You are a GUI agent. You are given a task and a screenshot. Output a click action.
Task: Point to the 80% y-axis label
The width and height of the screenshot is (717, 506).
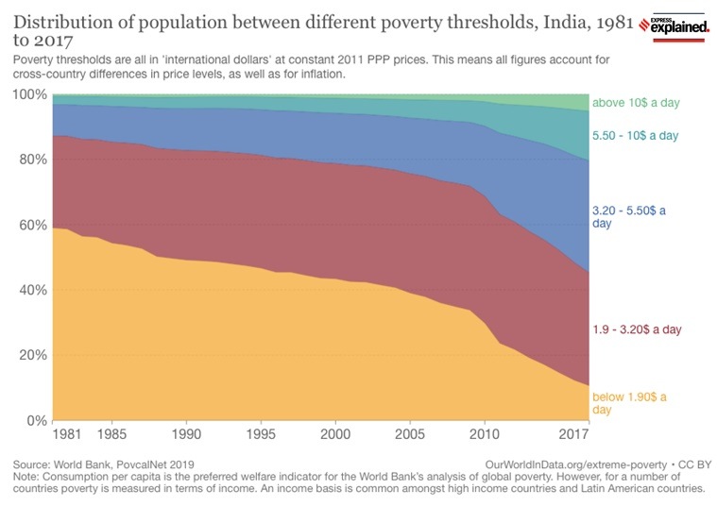(32, 160)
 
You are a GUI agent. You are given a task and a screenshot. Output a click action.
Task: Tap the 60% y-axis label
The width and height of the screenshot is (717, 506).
(32, 225)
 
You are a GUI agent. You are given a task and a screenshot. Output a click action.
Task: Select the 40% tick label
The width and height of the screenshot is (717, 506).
(32, 290)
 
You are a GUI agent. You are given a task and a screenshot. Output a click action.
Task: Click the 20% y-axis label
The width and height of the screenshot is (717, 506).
(32, 355)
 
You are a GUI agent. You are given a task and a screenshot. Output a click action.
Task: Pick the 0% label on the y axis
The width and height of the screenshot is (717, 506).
(36, 420)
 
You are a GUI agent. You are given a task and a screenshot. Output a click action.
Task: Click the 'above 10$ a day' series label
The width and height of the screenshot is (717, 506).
(636, 103)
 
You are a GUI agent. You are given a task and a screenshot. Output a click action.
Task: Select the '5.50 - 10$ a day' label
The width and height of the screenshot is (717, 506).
(636, 136)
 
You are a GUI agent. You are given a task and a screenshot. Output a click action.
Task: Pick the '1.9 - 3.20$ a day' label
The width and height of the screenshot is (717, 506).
(637, 329)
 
